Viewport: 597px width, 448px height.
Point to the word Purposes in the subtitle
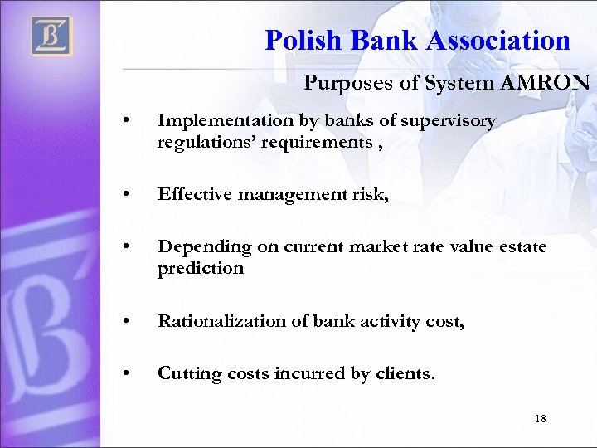pos(338,84)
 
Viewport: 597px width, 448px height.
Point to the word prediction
pos(201,268)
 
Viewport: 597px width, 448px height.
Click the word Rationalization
pos(221,321)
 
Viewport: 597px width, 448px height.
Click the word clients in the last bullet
pos(404,374)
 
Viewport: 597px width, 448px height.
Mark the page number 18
pos(541,419)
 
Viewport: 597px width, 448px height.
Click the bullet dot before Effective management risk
pos(124,196)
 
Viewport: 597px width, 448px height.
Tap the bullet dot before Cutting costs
pos(124,375)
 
